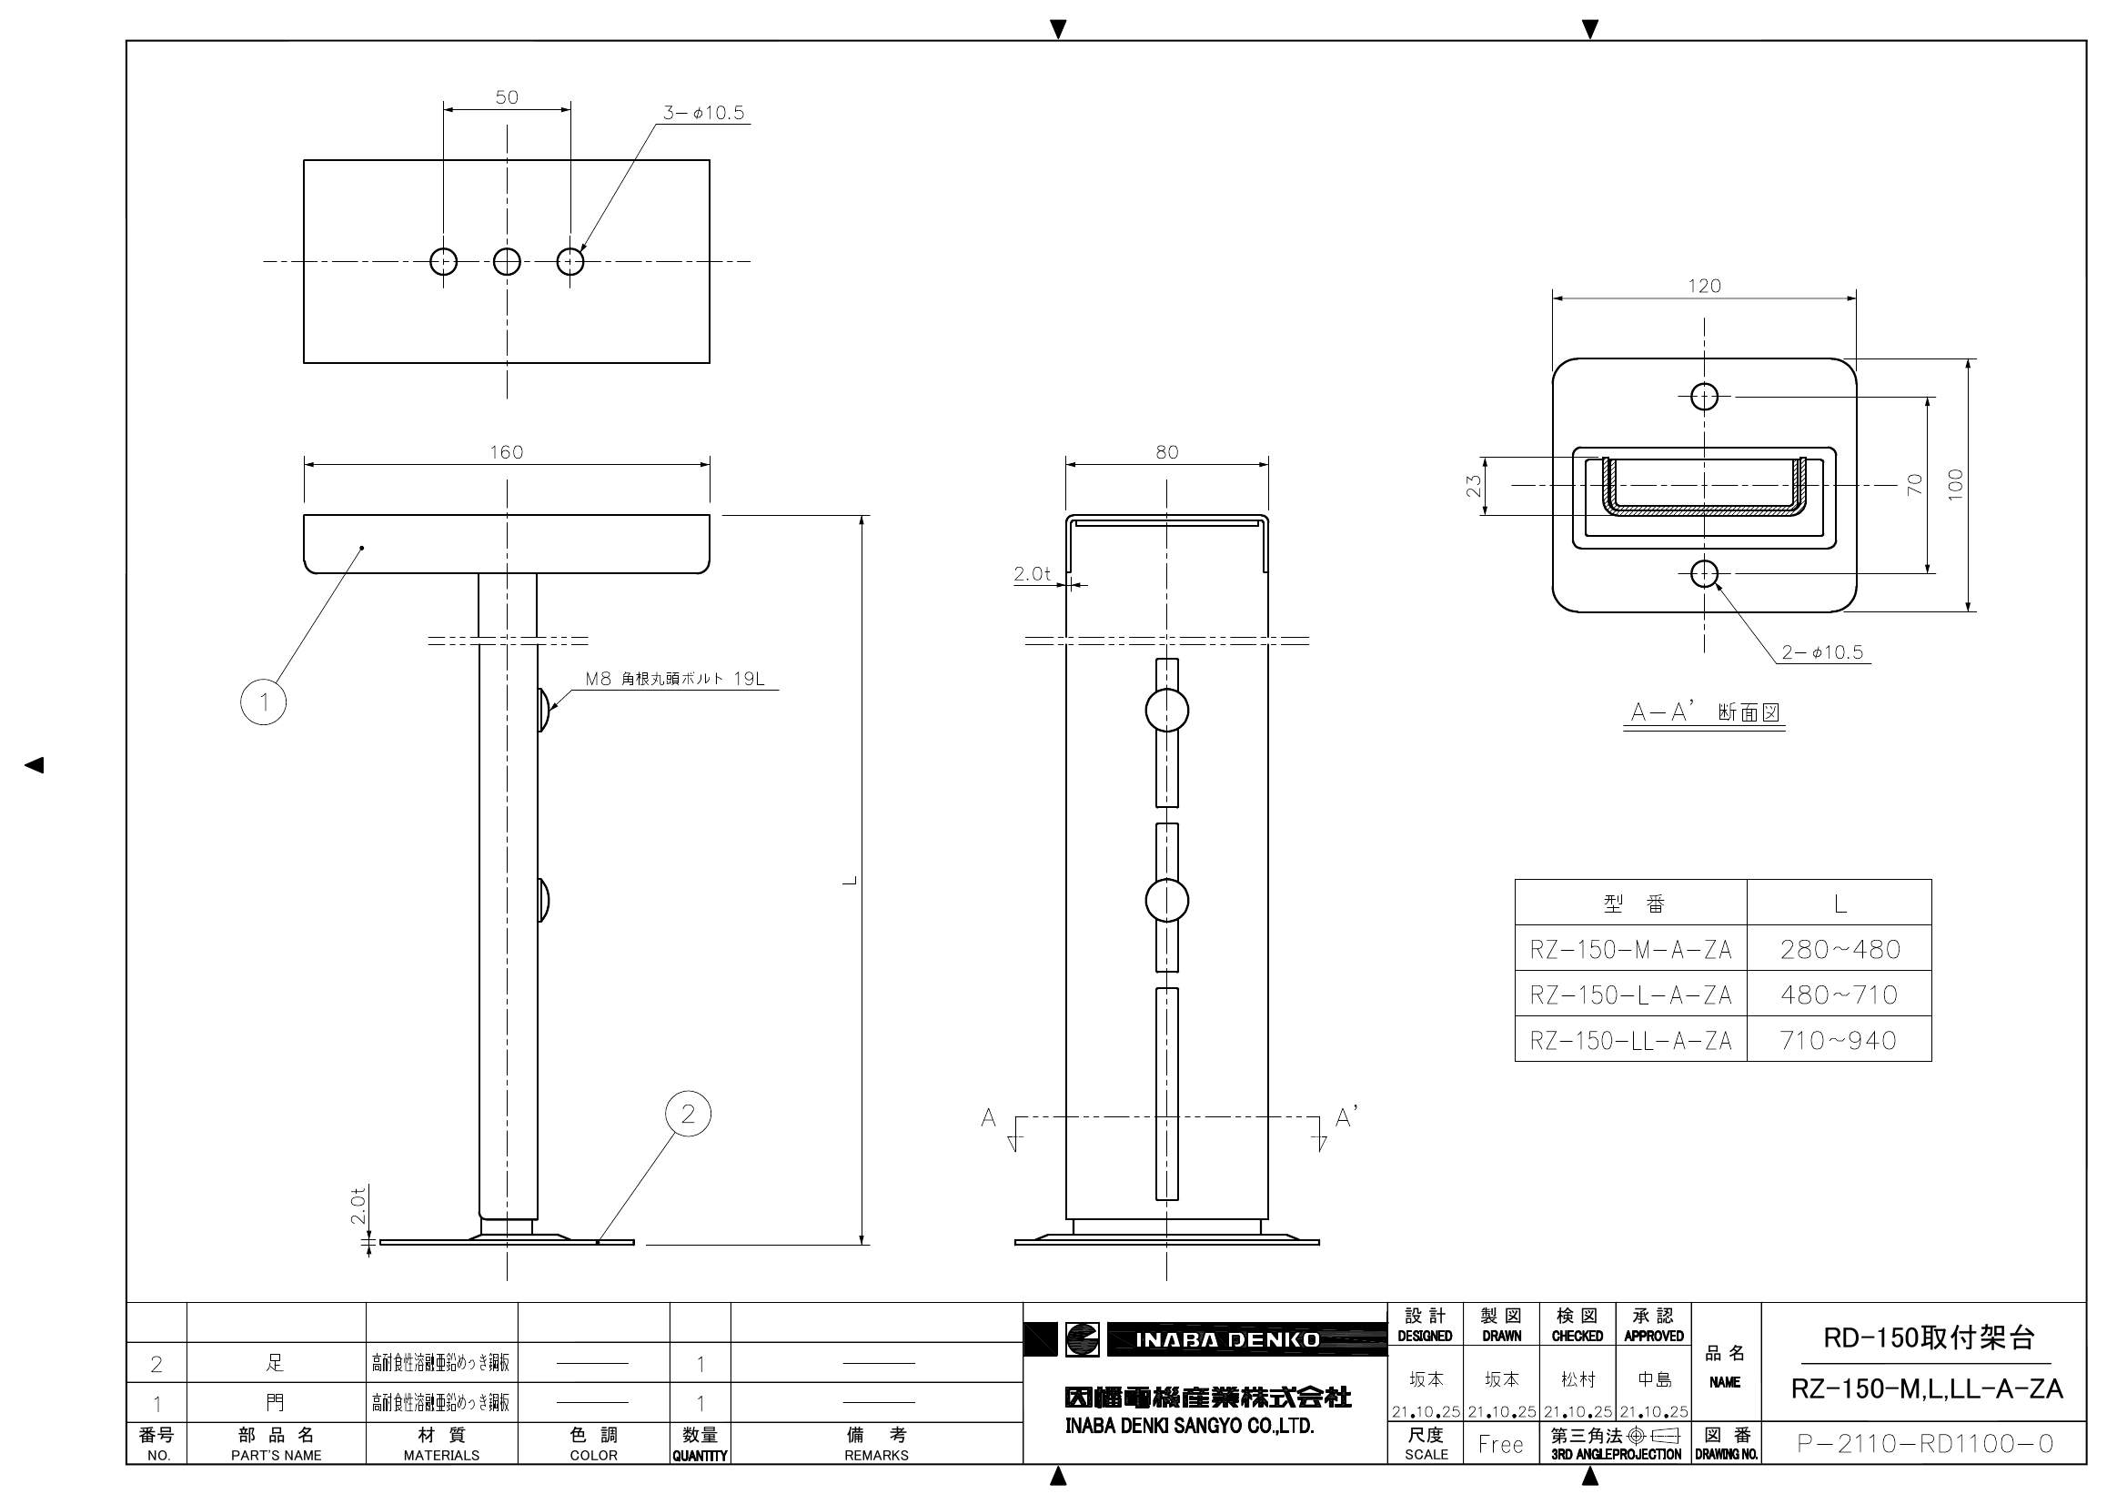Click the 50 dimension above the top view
(x=507, y=97)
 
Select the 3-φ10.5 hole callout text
(x=703, y=113)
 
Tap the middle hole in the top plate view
(x=507, y=261)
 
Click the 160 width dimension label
(x=506, y=452)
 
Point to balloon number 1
(x=263, y=702)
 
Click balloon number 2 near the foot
(x=688, y=1114)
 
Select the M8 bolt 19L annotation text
(x=674, y=680)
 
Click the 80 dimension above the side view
(x=1166, y=452)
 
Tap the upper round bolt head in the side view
(x=1166, y=711)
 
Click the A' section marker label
(x=1346, y=1117)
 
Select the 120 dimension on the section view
(x=1704, y=287)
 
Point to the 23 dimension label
(x=1473, y=486)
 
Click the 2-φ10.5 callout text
(x=1822, y=652)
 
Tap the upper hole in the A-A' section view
(x=1704, y=397)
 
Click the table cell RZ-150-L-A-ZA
(x=1630, y=995)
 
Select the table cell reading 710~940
(x=1839, y=1041)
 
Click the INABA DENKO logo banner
(x=1226, y=1340)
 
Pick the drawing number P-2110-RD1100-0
(x=1925, y=1444)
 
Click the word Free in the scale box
(x=1501, y=1444)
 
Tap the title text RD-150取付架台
(x=1929, y=1338)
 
